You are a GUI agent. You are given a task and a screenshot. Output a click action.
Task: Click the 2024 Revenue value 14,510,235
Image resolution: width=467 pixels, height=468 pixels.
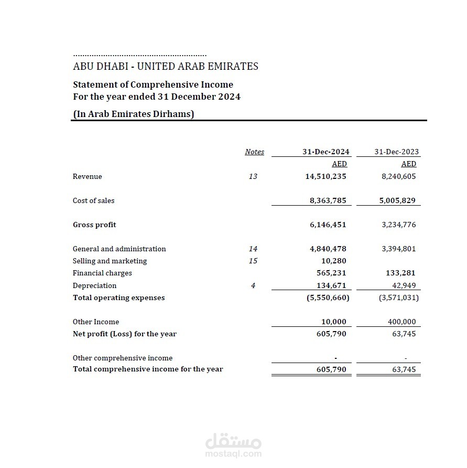pos(325,176)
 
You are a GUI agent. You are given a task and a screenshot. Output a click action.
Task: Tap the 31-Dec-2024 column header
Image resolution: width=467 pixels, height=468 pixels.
pos(325,152)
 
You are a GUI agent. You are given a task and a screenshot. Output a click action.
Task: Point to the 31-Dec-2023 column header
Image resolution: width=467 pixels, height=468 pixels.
pos(396,152)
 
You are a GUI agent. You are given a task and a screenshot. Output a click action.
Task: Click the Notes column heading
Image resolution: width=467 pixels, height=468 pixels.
pos(254,152)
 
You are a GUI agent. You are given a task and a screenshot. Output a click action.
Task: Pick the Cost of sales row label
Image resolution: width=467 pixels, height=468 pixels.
pos(93,200)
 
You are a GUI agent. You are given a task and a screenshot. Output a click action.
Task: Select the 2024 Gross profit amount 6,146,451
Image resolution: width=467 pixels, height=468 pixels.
pos(328,225)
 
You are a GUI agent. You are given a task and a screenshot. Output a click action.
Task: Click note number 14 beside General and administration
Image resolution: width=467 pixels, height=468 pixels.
pos(253,249)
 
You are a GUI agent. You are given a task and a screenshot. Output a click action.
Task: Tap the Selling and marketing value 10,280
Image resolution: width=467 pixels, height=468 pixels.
pos(333,261)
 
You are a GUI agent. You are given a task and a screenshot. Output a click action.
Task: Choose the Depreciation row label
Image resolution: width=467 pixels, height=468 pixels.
pos(94,285)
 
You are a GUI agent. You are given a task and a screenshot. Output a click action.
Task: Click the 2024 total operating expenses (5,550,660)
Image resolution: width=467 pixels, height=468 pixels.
pos(328,297)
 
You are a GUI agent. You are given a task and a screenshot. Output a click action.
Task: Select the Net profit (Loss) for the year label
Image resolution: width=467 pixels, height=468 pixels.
pos(124,334)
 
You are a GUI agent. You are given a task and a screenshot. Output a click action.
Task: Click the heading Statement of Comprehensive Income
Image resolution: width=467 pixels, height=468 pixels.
pos(153,84)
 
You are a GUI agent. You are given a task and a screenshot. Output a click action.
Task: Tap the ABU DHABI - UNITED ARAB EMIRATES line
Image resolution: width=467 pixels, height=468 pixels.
pos(165,66)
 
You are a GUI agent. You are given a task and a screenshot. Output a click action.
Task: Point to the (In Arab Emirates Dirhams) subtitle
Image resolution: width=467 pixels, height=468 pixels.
pos(133,114)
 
